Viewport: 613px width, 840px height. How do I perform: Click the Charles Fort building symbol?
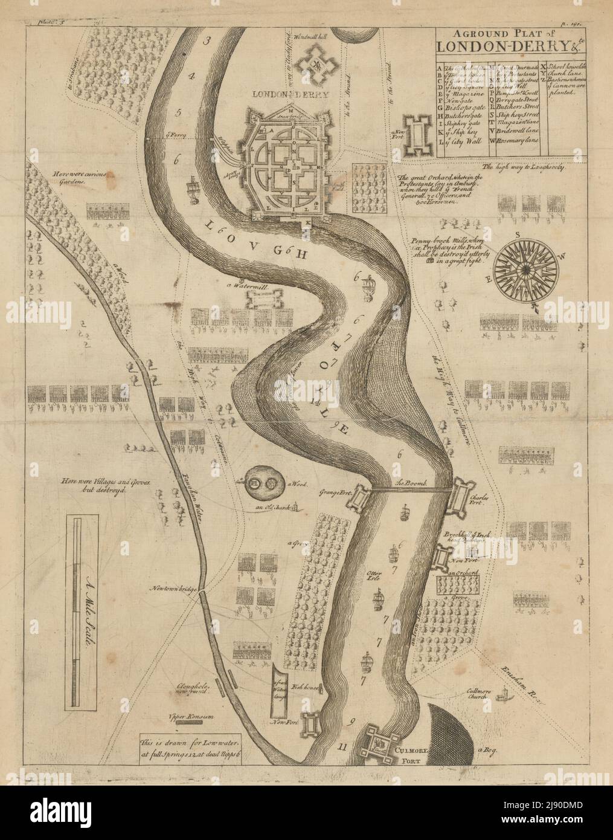click(464, 496)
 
